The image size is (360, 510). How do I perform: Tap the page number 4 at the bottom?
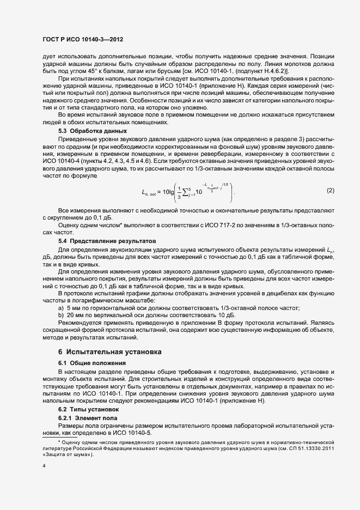(44, 466)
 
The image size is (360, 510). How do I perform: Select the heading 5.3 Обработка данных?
(92, 131)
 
